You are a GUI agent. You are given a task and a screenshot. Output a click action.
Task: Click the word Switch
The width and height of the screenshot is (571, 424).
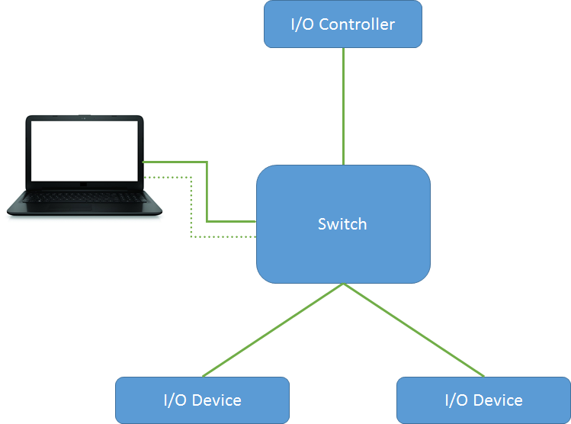pos(342,224)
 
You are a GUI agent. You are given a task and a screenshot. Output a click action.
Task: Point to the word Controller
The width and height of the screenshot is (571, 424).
pos(357,24)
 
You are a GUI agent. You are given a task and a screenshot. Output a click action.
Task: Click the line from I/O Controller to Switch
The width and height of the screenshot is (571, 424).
pos(343,107)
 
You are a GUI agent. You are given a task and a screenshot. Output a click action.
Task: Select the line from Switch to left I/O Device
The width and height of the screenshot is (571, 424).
pos(273,330)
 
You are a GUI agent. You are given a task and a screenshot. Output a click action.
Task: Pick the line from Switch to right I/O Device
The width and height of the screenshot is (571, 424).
pos(413,330)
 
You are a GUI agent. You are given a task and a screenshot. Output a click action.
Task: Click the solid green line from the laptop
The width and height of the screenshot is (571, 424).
pos(207,191)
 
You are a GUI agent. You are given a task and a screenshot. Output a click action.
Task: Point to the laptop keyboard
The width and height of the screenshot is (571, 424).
pos(84,197)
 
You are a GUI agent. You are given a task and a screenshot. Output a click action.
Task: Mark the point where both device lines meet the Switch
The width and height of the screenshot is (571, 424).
pos(343,284)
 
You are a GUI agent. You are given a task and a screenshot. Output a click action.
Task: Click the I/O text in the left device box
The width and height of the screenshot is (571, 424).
pos(174,400)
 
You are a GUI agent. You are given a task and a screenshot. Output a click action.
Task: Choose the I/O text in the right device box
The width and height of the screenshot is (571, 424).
pos(455,400)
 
